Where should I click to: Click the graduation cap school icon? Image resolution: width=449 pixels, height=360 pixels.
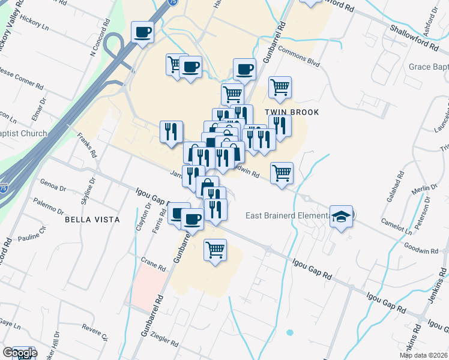pos(341,217)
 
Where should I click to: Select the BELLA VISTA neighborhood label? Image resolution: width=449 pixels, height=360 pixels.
pos(92,220)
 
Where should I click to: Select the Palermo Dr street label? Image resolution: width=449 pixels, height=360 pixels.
pos(49,205)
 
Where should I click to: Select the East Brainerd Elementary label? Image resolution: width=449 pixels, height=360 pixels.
pos(288,215)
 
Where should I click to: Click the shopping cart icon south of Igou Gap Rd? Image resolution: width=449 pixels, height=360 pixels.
pos(215,249)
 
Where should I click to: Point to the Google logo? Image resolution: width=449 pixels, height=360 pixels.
pos(19,353)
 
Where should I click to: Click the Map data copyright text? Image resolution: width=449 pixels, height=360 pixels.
pos(423,355)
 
